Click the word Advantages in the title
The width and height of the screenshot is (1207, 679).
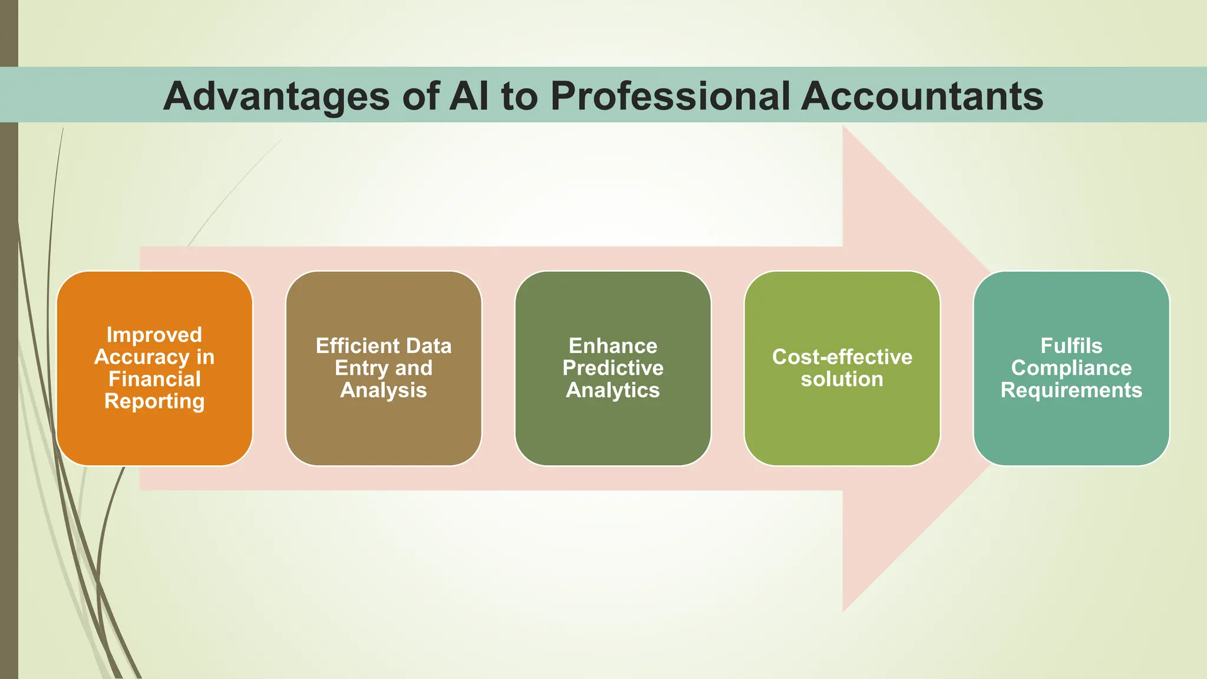point(276,96)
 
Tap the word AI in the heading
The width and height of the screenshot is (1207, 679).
point(469,96)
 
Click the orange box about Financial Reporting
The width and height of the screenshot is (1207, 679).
point(154,436)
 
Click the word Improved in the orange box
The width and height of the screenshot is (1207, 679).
point(154,335)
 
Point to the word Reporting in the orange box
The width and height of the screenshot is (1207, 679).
point(154,401)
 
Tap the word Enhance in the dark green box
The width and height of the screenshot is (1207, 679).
point(613,346)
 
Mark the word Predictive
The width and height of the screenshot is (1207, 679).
point(613,368)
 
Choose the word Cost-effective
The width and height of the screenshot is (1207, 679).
point(842,357)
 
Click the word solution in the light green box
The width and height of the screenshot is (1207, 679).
point(842,379)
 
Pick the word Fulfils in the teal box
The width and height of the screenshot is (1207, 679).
point(1071,346)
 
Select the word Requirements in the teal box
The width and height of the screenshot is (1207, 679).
point(1071,390)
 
